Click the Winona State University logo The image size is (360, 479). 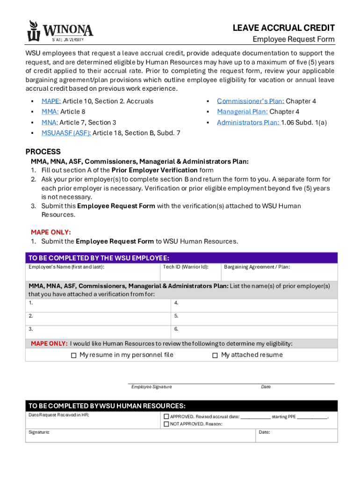point(60,31)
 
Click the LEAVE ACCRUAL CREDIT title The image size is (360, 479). point(283,28)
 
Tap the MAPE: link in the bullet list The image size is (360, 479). point(51,101)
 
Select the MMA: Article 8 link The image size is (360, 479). point(50,112)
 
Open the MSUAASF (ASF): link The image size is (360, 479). point(66,133)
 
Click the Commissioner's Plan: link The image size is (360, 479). point(250,101)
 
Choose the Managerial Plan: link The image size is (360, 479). point(242,112)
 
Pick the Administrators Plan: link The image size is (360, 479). point(248,123)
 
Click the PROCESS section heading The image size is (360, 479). point(43,152)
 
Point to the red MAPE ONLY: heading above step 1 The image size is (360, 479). point(51,232)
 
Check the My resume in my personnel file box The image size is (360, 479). point(73,356)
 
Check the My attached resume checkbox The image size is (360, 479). point(215,356)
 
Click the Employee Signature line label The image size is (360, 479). point(151,387)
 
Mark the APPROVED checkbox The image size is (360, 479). point(166,416)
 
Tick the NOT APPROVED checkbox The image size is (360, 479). point(166,424)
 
